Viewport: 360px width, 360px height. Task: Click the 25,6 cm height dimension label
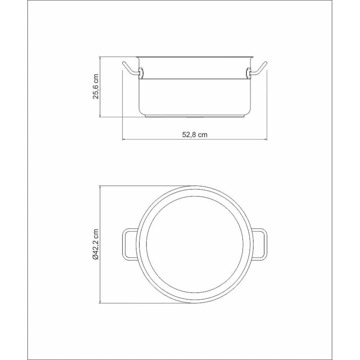(x=95, y=86)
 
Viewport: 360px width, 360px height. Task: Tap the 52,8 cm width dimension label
(x=195, y=135)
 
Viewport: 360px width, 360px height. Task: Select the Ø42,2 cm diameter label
(x=95, y=244)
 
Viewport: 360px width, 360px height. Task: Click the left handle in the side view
(x=131, y=69)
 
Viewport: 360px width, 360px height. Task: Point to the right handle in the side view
(x=258, y=69)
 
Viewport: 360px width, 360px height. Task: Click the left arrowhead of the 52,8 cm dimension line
(x=123, y=139)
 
